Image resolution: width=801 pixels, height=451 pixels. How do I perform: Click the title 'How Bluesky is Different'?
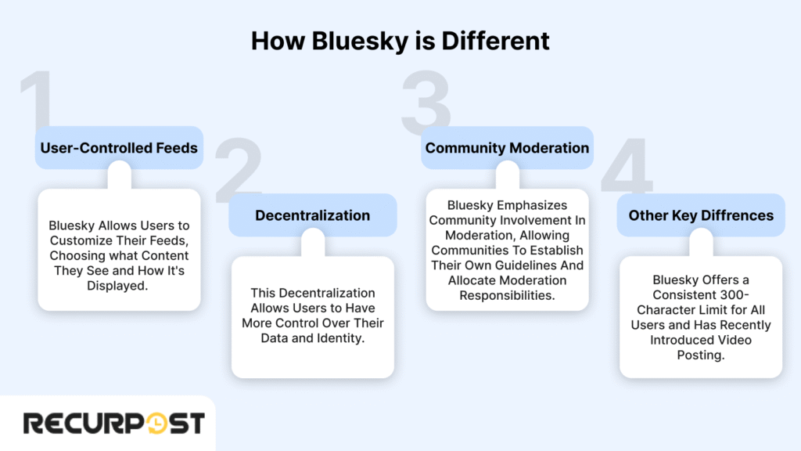coord(400,41)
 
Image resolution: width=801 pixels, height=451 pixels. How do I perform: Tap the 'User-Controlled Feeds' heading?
coord(119,148)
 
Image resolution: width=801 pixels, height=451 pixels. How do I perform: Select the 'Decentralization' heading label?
coord(313,215)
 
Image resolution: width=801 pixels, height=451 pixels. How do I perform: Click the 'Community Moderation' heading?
coord(507,148)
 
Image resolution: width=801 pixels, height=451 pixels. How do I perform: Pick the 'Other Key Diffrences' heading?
coord(701,215)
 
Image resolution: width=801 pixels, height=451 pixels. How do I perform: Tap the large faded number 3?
coord(426,102)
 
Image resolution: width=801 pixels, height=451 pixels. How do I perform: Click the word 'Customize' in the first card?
coord(98,241)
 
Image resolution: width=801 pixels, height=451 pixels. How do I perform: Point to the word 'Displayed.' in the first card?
coord(119,287)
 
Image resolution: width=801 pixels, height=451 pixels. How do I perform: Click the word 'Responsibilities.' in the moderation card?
coord(507,295)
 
